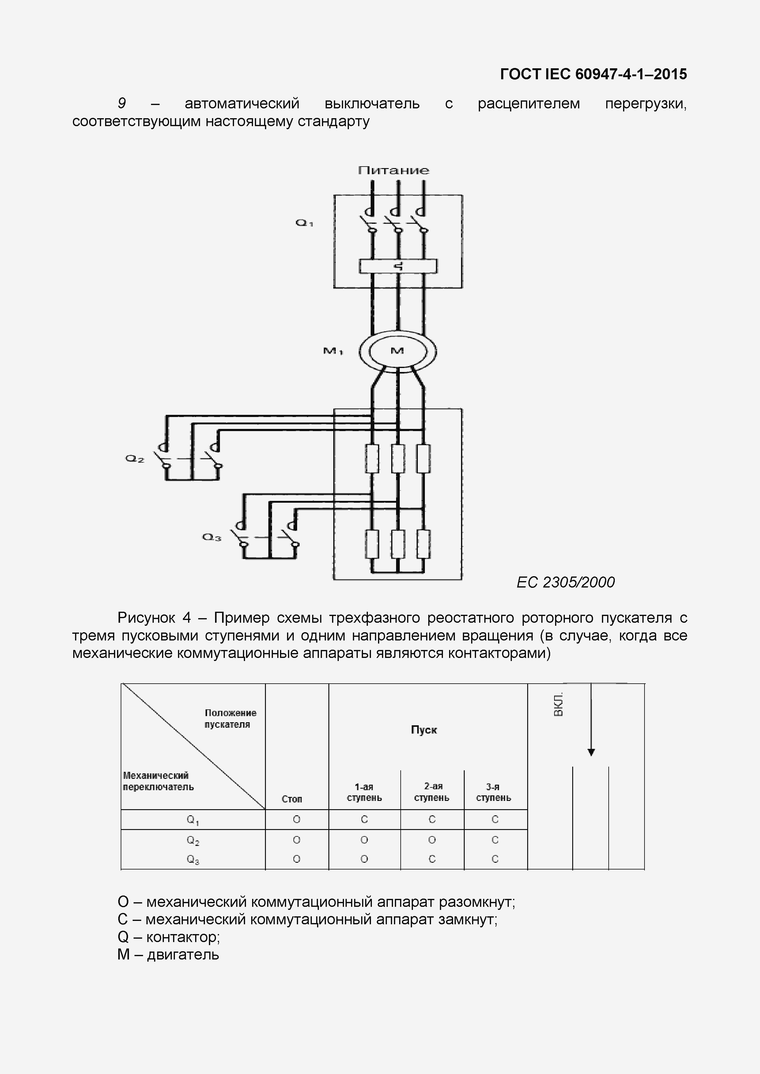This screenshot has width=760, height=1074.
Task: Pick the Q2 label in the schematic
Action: [134, 459]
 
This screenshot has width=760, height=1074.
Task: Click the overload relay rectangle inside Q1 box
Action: [398, 266]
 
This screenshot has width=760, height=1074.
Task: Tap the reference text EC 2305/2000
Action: [565, 582]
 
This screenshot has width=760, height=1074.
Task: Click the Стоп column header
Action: [292, 799]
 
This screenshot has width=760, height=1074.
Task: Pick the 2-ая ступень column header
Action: [432, 792]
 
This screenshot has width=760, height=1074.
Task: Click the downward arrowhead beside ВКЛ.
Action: [591, 752]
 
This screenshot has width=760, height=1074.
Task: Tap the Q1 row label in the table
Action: [193, 820]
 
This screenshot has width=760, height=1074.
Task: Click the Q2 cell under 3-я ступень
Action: [495, 840]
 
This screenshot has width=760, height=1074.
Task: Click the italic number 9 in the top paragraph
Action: [122, 103]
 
